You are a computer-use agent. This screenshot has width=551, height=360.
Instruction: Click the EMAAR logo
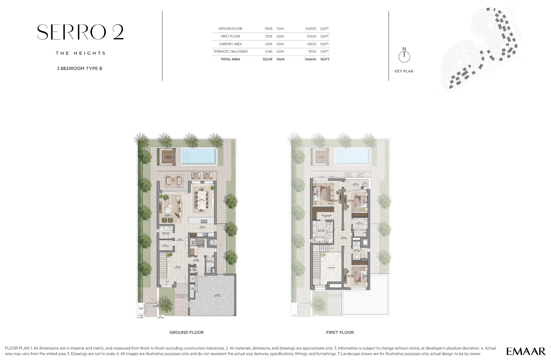click(x=526, y=351)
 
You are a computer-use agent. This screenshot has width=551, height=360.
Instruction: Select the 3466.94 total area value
click(x=310, y=59)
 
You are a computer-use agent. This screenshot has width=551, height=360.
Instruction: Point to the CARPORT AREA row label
click(x=230, y=44)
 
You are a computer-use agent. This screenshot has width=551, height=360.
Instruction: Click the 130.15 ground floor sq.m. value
click(x=268, y=29)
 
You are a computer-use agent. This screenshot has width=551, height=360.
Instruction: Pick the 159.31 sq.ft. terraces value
click(x=312, y=52)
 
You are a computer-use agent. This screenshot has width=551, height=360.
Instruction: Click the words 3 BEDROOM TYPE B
click(x=79, y=68)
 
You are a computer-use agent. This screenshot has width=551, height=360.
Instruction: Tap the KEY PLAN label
click(x=404, y=71)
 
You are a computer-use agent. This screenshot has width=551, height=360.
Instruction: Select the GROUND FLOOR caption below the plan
click(x=186, y=332)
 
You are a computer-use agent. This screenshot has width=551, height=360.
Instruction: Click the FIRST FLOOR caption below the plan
click(x=340, y=332)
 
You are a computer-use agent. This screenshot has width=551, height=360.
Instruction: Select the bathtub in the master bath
click(x=319, y=240)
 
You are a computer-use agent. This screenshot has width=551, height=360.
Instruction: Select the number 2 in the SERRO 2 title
click(x=118, y=32)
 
